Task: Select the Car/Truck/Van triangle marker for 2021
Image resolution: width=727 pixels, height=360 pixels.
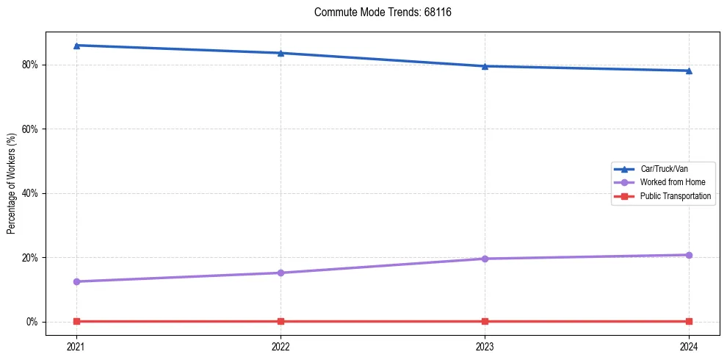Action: point(76,46)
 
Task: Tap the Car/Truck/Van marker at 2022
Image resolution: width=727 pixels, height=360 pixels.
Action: point(281,53)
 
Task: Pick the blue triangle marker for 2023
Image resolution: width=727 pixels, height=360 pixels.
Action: point(485,66)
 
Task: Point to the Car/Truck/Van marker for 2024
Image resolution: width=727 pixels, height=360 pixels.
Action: point(689,71)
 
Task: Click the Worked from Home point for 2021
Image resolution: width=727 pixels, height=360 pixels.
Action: point(76,281)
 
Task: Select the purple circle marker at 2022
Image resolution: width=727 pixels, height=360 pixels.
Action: point(281,273)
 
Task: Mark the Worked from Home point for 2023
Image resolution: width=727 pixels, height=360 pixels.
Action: point(485,259)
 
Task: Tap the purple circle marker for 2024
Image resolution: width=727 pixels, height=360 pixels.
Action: point(689,255)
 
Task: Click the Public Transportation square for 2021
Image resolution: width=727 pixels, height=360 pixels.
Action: point(76,321)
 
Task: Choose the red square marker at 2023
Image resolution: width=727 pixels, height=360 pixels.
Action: point(485,321)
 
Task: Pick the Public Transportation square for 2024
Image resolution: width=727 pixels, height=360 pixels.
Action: point(689,321)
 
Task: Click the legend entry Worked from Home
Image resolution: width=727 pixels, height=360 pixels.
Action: point(668,182)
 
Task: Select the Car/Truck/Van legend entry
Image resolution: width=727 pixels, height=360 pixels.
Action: point(664,169)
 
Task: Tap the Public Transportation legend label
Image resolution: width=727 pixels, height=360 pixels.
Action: point(675,196)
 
